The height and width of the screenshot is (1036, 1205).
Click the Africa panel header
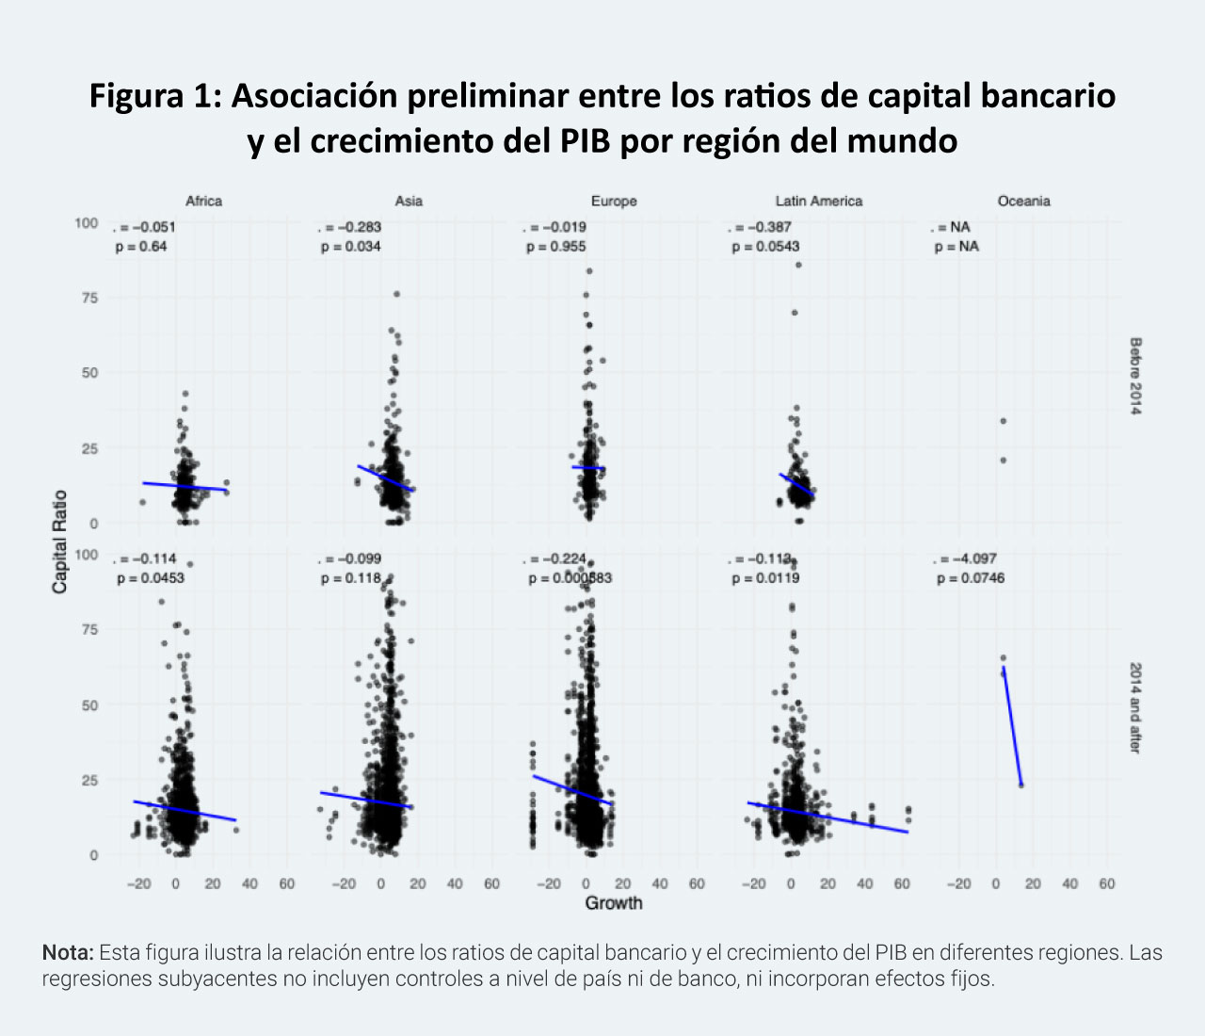(x=203, y=201)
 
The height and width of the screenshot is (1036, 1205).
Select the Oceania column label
(x=1023, y=201)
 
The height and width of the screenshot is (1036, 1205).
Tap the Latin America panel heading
(x=818, y=201)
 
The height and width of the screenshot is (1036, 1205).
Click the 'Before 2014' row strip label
(x=1135, y=376)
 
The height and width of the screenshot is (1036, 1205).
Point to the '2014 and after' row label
(x=1135, y=707)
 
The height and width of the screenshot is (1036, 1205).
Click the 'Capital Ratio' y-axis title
(x=60, y=542)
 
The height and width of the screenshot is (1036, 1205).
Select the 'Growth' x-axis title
(x=614, y=903)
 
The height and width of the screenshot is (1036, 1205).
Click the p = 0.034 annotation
(x=351, y=247)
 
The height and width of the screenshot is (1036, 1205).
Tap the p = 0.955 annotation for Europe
(x=556, y=247)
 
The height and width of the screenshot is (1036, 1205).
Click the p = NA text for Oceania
(x=956, y=247)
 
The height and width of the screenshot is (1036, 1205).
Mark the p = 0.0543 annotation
(x=765, y=247)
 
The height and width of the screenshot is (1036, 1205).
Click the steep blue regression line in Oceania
(x=1012, y=725)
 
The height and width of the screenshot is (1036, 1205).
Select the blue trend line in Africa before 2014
(x=185, y=486)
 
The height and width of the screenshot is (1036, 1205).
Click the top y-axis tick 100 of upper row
(x=86, y=223)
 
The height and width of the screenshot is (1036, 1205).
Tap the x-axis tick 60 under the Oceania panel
(x=1107, y=883)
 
